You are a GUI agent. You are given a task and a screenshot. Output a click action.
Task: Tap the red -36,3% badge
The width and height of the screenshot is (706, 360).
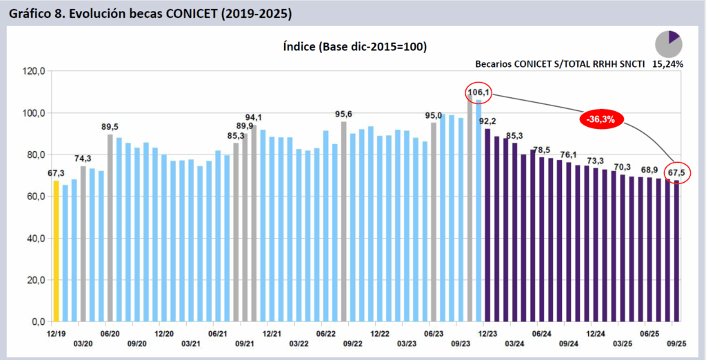601,119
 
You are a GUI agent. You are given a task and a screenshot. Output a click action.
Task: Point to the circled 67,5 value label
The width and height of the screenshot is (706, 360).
676,172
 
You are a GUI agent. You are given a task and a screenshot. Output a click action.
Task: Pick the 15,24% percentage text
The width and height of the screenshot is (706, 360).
667,63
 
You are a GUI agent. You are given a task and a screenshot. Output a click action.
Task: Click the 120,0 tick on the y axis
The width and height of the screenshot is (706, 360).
33,71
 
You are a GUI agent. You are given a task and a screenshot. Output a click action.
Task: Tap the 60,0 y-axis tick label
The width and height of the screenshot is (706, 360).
35,197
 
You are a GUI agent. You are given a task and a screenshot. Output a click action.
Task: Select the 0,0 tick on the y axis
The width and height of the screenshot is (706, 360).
38,322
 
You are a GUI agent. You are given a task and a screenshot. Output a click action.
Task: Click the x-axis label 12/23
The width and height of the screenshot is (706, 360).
487,332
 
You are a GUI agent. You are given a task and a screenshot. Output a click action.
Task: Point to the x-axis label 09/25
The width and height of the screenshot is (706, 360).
675,343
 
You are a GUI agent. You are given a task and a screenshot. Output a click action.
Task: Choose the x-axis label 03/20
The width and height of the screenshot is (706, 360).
83,343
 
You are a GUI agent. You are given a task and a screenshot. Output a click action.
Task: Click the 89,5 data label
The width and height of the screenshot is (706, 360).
110,126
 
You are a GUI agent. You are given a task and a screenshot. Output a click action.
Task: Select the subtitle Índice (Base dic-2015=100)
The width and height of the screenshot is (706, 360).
354,47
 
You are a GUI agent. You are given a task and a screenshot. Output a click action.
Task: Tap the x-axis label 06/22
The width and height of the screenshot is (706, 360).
325,332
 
